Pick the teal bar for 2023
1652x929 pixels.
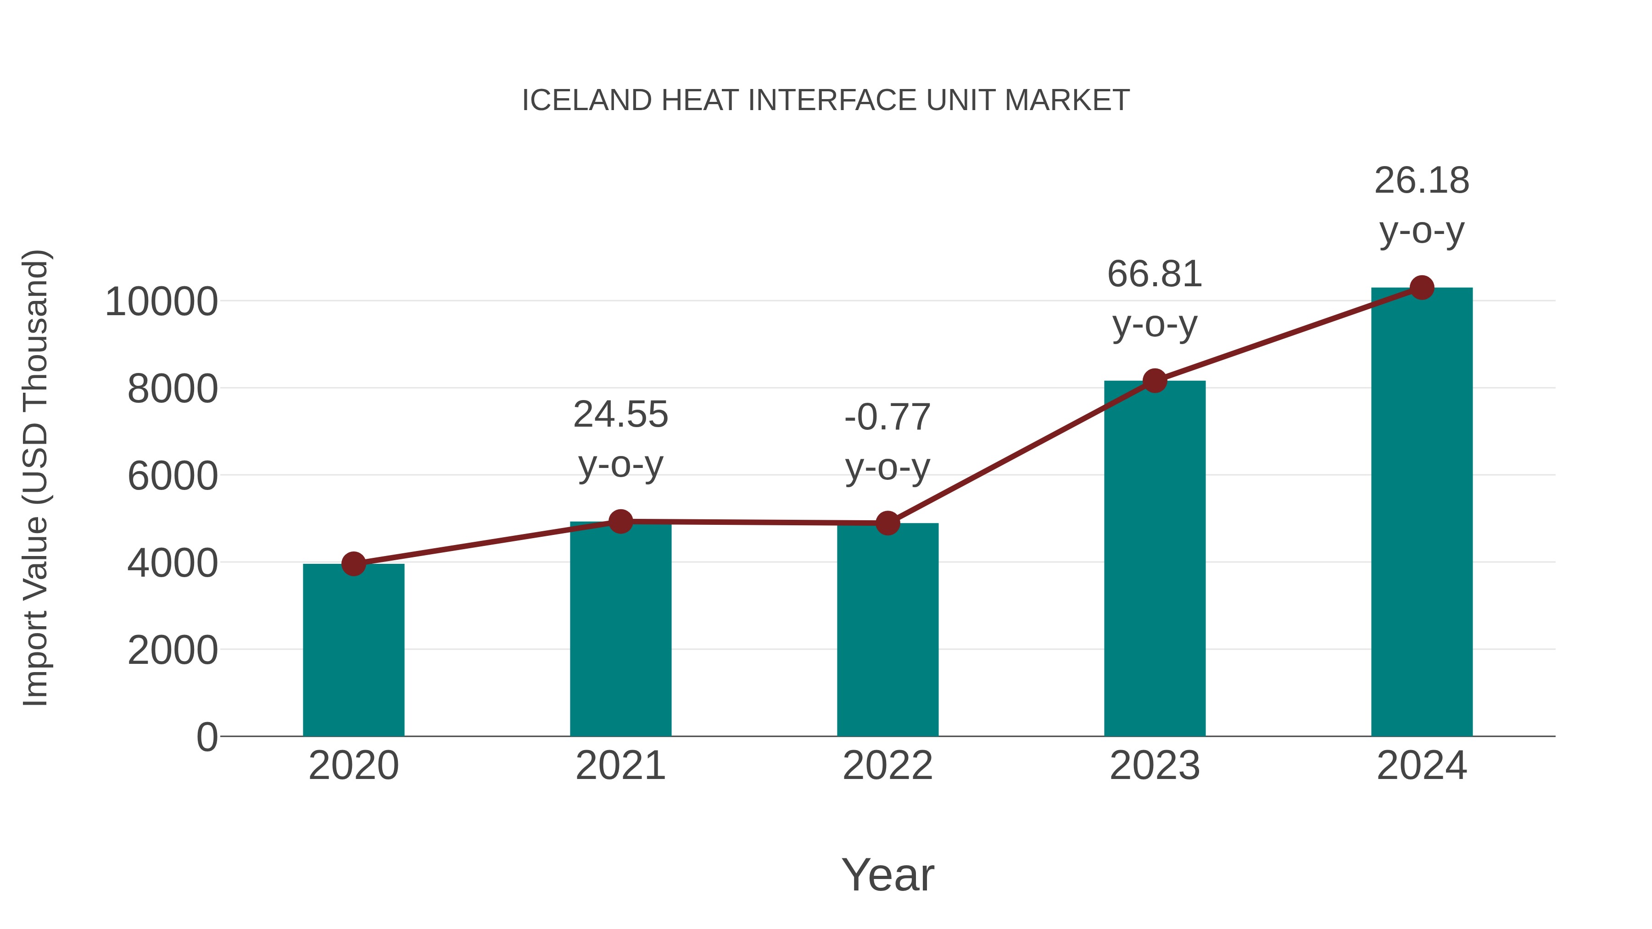pyautogui.click(x=1155, y=558)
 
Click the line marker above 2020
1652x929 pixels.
pyautogui.click(x=353, y=564)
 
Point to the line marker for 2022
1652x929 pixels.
pyautogui.click(x=887, y=523)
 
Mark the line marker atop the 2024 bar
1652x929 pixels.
pyautogui.click(x=1422, y=288)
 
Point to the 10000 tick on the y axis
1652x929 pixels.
pyautogui.click(x=161, y=302)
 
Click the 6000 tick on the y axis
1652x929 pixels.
pyautogui.click(x=173, y=476)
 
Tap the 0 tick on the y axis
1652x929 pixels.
pyautogui.click(x=206, y=737)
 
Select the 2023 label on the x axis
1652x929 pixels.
pyautogui.click(x=1155, y=766)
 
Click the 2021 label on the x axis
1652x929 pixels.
pyautogui.click(x=620, y=766)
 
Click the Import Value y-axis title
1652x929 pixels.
pyautogui.click(x=35, y=478)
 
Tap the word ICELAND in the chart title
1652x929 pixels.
pyautogui.click(x=587, y=100)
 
